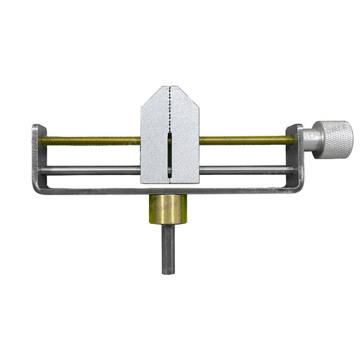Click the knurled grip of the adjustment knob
point(336,137)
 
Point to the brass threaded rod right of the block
point(245,140)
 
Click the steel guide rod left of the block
point(90,171)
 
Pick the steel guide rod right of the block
point(245,170)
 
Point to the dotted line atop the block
point(170,108)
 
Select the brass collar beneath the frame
point(168,210)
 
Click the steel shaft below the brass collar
point(168,248)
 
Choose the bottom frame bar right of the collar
point(245,192)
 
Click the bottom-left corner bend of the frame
point(36,189)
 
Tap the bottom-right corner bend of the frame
point(299,190)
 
